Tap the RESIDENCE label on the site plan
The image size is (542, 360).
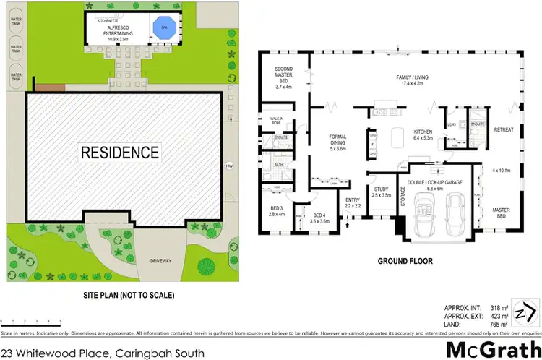(119, 153)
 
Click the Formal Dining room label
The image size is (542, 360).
(338, 140)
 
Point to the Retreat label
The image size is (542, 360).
(503, 129)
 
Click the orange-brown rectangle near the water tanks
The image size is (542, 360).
(46, 87)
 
